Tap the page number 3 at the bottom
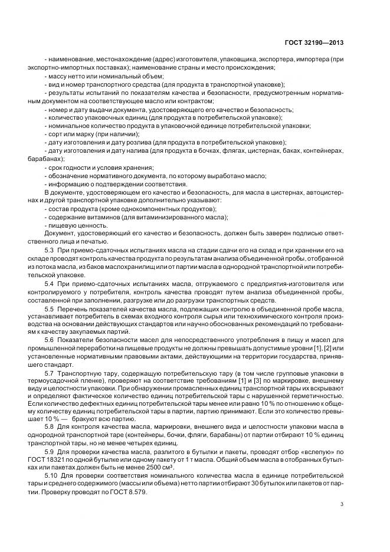pyautogui.click(x=342, y=504)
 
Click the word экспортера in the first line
pyautogui.click(x=271, y=60)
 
